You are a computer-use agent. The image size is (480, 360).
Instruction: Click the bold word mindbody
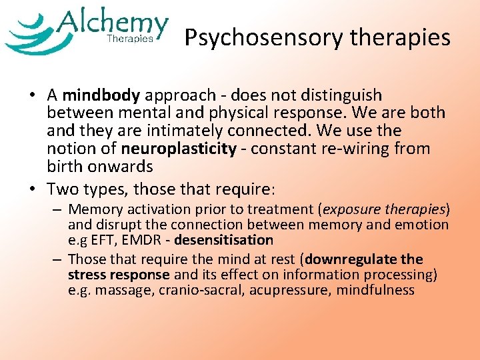point(102,95)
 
